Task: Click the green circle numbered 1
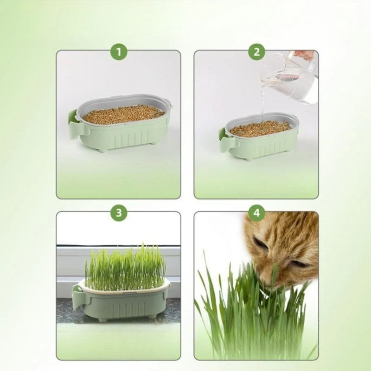click(119, 51)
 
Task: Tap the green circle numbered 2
click(256, 51)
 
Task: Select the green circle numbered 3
click(119, 213)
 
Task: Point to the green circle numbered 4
click(256, 213)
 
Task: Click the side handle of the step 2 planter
click(224, 137)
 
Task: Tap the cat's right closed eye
click(299, 263)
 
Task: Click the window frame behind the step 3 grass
click(70, 264)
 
